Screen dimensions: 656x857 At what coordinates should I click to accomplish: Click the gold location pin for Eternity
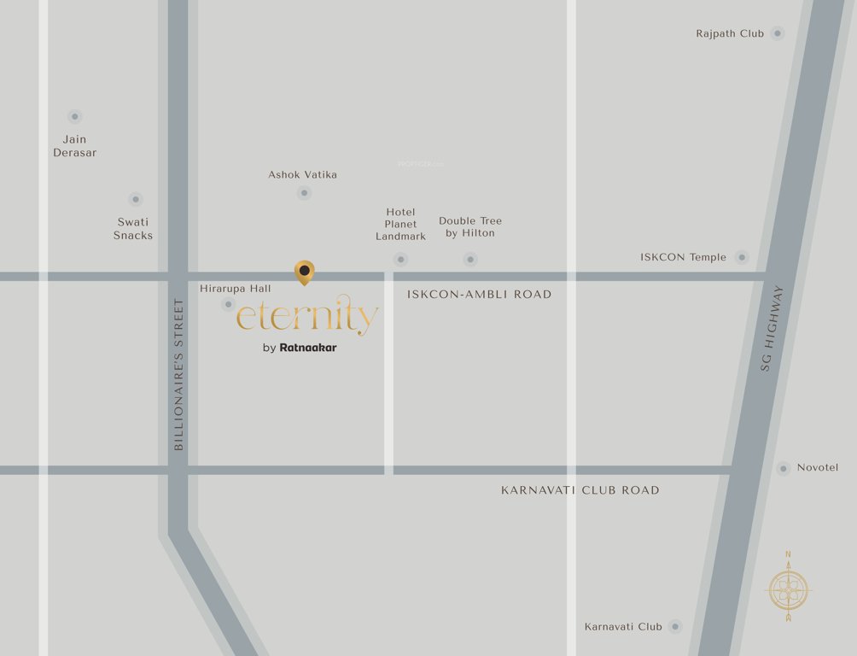304,272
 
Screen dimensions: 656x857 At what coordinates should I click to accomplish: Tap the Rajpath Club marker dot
777,33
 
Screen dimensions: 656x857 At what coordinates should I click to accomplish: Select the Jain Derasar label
75,146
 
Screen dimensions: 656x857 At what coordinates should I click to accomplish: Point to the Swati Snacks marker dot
135,199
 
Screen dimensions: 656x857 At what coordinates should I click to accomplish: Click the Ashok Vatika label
302,174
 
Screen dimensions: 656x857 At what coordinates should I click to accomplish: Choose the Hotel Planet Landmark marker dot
400,259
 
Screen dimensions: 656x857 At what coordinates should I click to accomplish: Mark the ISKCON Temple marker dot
742,257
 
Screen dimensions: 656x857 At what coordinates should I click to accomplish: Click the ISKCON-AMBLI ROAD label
479,295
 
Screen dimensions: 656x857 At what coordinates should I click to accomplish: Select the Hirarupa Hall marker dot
228,304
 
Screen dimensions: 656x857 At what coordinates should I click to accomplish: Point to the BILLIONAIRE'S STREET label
178,374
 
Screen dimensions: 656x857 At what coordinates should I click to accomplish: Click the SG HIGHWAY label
771,327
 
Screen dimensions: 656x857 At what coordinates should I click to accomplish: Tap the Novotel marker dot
784,468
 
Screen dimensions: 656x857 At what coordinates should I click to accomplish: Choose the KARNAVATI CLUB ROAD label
580,490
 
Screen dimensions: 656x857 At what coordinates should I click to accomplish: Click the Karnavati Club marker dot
675,626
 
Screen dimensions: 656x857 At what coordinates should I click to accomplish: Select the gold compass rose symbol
788,589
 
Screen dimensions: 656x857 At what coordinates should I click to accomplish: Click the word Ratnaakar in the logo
308,348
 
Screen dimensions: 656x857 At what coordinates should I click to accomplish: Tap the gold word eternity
306,317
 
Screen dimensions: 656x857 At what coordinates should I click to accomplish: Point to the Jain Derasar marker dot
75,116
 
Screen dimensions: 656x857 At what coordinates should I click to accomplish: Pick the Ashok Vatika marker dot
304,193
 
